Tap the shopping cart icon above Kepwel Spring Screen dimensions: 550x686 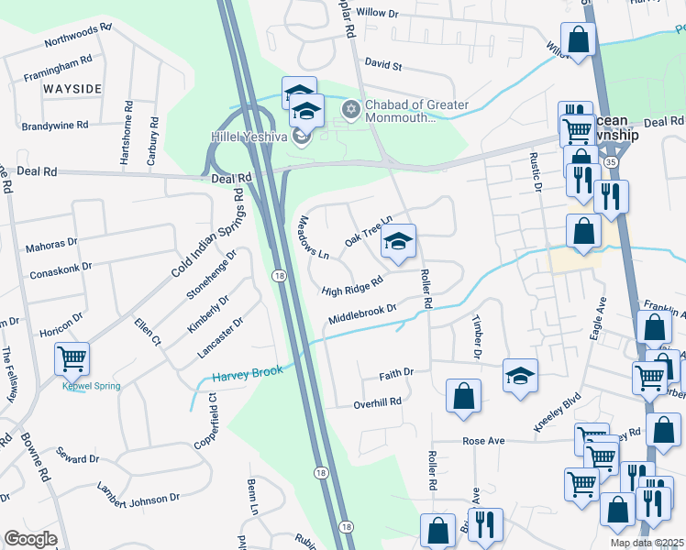[72, 358]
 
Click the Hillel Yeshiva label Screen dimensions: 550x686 [250, 137]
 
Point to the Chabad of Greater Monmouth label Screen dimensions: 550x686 [417, 111]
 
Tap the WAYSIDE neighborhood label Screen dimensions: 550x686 [71, 89]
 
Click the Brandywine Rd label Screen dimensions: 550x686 [54, 124]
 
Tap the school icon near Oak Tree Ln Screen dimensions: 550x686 [398, 241]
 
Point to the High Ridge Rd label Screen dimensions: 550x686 [351, 287]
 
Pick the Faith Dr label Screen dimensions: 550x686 [396, 374]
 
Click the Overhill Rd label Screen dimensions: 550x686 [378, 401]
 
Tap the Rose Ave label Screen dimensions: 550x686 [484, 441]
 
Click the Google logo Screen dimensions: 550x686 [30, 539]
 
